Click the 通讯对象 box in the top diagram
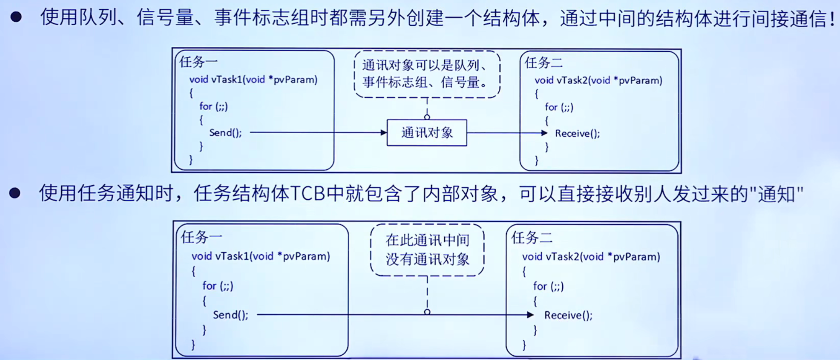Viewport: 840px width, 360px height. (x=427, y=133)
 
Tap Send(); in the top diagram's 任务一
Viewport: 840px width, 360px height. (x=225, y=133)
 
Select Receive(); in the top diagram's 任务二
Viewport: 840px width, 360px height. (x=577, y=133)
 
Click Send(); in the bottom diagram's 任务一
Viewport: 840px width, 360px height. (x=231, y=315)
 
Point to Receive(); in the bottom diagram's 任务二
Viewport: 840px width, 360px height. (x=568, y=315)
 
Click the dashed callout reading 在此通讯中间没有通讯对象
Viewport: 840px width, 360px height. (x=427, y=250)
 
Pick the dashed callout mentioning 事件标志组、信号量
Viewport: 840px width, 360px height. (x=427, y=74)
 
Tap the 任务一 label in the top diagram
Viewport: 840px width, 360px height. (x=198, y=62)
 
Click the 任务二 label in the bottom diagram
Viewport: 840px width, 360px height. (x=532, y=238)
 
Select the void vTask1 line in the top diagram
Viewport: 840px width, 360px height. (x=253, y=80)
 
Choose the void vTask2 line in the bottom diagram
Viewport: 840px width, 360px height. (x=591, y=257)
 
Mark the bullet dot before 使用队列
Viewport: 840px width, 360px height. (x=16, y=17)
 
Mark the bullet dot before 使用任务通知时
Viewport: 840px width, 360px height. (x=15, y=193)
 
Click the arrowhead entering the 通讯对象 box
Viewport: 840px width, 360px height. (x=383, y=133)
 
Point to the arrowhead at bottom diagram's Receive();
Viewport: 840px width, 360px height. (x=530, y=315)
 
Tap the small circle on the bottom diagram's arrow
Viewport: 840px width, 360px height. (x=427, y=312)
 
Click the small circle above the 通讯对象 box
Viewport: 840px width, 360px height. (x=427, y=117)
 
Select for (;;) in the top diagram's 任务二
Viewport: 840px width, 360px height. (x=559, y=107)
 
